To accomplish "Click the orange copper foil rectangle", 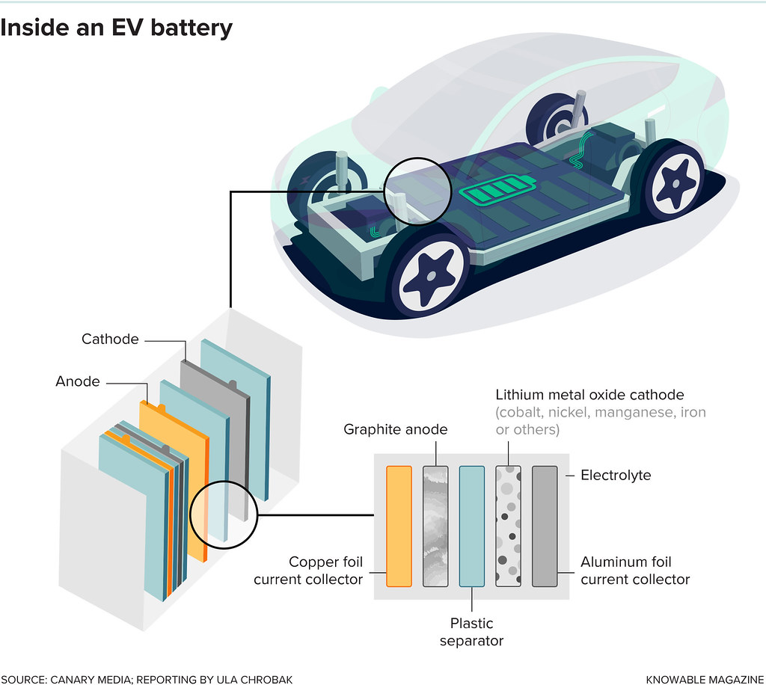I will [399, 525].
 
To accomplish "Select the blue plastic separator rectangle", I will [472, 525].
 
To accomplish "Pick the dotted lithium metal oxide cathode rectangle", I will [509, 525].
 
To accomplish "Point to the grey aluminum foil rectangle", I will [545, 525].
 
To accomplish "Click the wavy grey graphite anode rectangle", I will [435, 525].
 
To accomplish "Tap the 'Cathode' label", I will [110, 339].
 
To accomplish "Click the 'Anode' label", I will [77, 381].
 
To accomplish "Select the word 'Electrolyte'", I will [616, 475].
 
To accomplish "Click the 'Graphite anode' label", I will [395, 429].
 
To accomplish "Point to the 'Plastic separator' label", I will [472, 632].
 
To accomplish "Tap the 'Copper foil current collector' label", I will [308, 571].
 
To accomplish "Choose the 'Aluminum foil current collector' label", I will [635, 571].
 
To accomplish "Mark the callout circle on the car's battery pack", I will [417, 190].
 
